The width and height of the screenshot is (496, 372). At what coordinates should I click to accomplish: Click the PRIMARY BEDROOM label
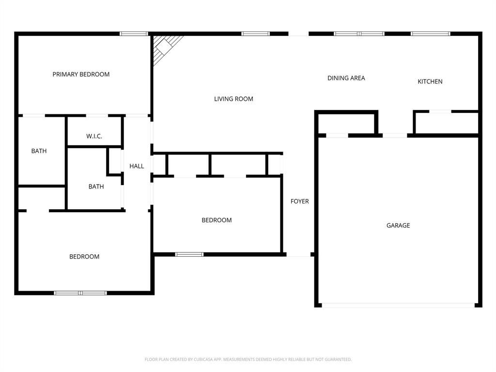click(81, 74)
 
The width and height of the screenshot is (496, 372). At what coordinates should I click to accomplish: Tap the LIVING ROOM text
click(233, 99)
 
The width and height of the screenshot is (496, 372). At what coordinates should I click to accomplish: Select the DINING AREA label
click(346, 78)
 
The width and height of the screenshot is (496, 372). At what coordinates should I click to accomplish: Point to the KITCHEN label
click(430, 81)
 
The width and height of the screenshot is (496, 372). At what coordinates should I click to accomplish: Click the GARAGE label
click(398, 225)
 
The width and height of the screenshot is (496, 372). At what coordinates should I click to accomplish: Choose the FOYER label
click(299, 201)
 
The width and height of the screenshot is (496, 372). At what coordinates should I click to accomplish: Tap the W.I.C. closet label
click(94, 136)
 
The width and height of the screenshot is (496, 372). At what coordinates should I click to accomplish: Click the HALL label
click(137, 166)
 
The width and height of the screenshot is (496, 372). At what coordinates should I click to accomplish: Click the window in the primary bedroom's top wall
click(134, 34)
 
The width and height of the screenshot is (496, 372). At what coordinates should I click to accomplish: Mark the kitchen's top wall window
click(430, 34)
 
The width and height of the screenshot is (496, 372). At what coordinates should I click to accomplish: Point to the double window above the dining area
click(359, 34)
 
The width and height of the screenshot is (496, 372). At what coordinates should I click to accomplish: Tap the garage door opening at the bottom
click(398, 305)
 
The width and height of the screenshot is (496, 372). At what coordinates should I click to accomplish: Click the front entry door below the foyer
click(298, 254)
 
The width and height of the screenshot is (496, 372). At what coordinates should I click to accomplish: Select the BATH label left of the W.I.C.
click(39, 151)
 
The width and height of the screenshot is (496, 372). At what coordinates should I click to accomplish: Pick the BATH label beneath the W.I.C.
click(96, 186)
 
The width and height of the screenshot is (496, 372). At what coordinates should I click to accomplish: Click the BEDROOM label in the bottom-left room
click(84, 257)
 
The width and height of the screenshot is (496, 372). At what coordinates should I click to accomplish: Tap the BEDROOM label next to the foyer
click(217, 220)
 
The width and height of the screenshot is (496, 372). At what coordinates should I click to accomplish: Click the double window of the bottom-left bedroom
click(80, 293)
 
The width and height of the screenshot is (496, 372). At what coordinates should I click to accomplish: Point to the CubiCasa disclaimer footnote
click(248, 359)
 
